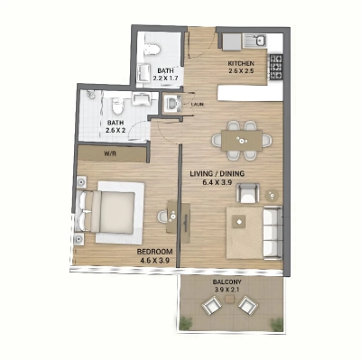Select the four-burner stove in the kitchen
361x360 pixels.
pyautogui.click(x=276, y=65)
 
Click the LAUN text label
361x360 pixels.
pyautogui.click(x=197, y=105)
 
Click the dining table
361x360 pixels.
pyautogui.click(x=241, y=138)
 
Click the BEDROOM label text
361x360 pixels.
pyautogui.click(x=153, y=252)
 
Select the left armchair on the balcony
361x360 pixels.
pyautogui.click(x=211, y=308)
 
